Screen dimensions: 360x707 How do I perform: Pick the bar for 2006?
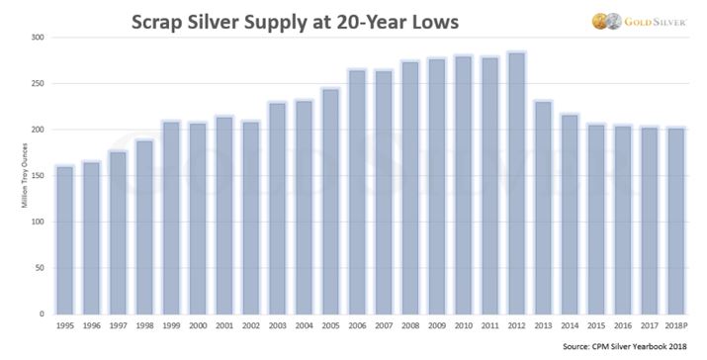pos(356,191)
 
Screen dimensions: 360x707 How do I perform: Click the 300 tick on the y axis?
pos(39,38)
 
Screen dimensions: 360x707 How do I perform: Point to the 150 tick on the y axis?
pos(39,176)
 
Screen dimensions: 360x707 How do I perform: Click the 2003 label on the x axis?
pos(277,326)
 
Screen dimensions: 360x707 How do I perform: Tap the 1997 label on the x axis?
pos(119,326)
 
